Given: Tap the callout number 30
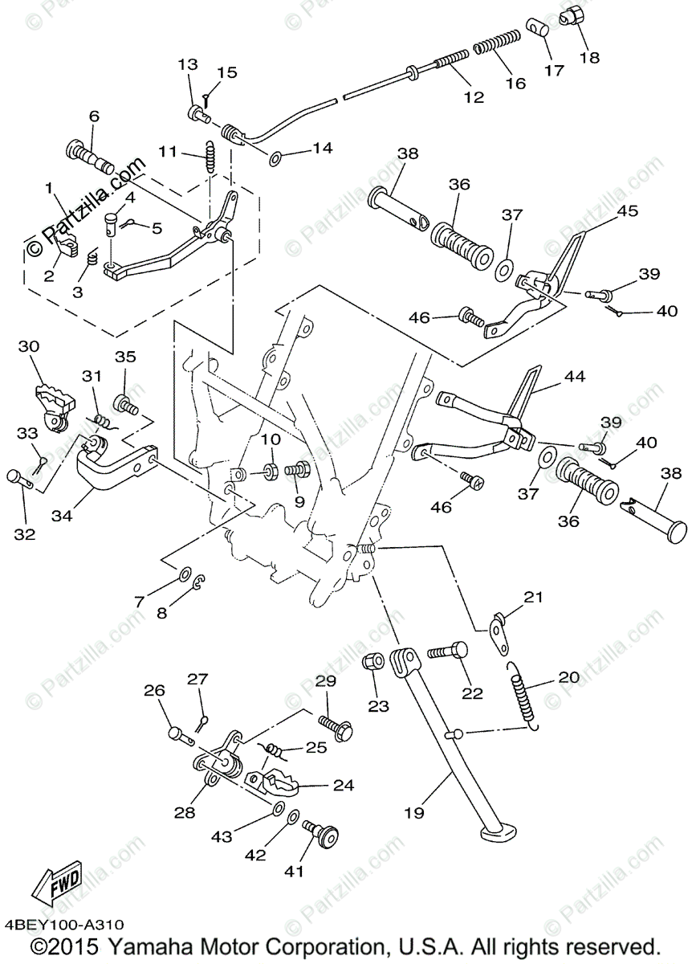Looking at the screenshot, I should pyautogui.click(x=29, y=346).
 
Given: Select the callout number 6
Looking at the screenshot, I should pyautogui.click(x=94, y=116).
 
